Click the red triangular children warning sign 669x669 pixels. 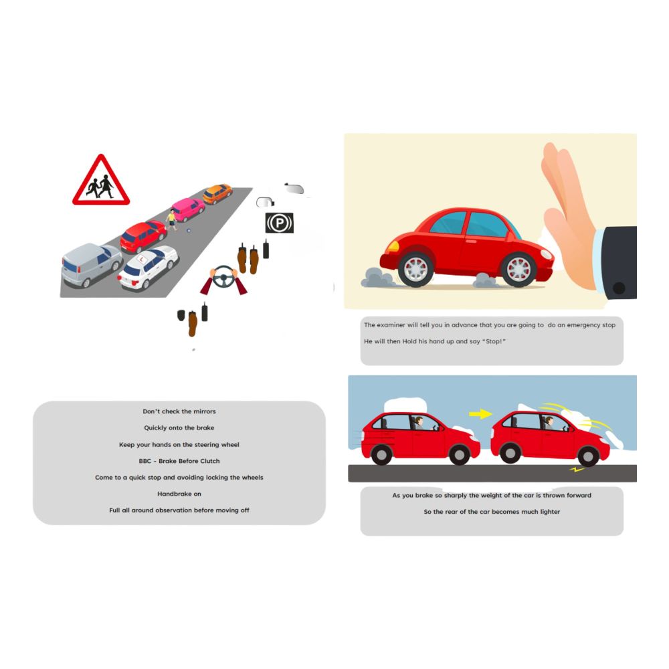101,181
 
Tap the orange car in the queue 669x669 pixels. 217,193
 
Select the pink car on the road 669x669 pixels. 188,209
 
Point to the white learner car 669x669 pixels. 149,267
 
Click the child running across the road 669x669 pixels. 172,219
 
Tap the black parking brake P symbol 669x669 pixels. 279,223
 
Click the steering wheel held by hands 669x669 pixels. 224,276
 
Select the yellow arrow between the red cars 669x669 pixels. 480,414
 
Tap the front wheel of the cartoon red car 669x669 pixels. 518,269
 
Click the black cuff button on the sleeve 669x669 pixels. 619,288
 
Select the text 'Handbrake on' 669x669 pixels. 179,494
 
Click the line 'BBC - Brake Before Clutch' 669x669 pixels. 179,461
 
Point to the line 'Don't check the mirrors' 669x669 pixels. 179,411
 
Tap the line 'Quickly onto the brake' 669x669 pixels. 179,428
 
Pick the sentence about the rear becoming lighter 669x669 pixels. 492,512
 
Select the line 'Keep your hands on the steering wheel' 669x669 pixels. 179,444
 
